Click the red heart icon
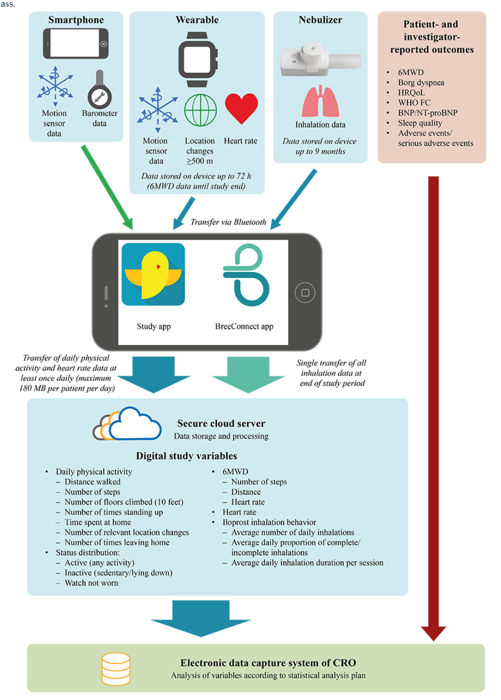[x=241, y=108]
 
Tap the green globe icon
[x=200, y=110]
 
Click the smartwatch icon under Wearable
[x=198, y=60]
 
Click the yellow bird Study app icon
[x=153, y=274]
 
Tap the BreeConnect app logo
[x=246, y=275]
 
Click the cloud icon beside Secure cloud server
[x=127, y=423]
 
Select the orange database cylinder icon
[x=116, y=669]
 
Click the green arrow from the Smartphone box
[x=107, y=188]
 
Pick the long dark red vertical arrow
[x=434, y=408]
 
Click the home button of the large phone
[x=305, y=293]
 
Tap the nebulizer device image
[x=321, y=59]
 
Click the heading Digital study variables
[x=186, y=456]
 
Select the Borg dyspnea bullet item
[x=421, y=82]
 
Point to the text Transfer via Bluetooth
[x=228, y=222]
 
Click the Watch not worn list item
[x=91, y=583]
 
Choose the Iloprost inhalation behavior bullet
[x=269, y=522]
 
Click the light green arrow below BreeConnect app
[x=248, y=375]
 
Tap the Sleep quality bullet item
[x=420, y=123]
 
